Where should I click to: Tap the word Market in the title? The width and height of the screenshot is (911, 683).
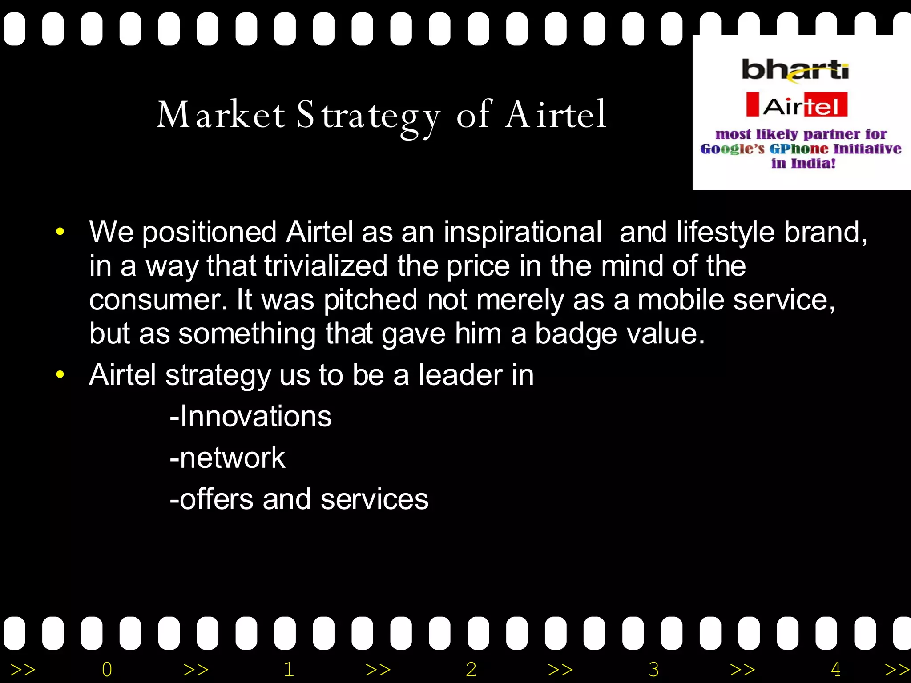[x=221, y=115]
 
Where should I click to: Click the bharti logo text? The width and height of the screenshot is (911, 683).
[x=795, y=70]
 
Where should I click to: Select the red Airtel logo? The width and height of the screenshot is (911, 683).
[x=797, y=105]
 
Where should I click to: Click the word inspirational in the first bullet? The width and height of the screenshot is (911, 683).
[x=522, y=232]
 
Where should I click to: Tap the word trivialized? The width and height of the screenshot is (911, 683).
[x=326, y=266]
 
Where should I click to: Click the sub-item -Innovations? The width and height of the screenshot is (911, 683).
[x=250, y=417]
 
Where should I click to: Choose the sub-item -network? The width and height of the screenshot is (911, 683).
[x=227, y=458]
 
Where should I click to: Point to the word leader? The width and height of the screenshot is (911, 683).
[x=460, y=375]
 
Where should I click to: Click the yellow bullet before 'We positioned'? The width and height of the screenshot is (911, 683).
[x=60, y=232]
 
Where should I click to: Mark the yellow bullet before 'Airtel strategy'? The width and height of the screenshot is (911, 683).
[x=60, y=374]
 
